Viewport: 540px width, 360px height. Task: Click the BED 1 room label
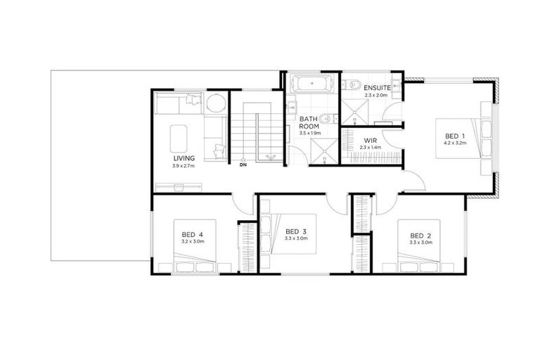pyautogui.click(x=455, y=135)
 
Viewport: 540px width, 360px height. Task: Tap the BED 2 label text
pyautogui.click(x=420, y=235)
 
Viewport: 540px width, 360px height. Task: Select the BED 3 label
pyautogui.click(x=296, y=231)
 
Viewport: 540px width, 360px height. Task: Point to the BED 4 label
pyautogui.click(x=192, y=235)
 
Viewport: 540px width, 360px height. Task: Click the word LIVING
pyautogui.click(x=184, y=159)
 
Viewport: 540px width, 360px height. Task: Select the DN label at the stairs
pyautogui.click(x=243, y=167)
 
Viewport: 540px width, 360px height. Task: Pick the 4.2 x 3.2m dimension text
pyautogui.click(x=455, y=143)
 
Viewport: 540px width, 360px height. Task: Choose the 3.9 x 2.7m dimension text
pyautogui.click(x=184, y=167)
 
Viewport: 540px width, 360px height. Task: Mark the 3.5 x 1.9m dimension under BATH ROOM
pyautogui.click(x=309, y=133)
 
